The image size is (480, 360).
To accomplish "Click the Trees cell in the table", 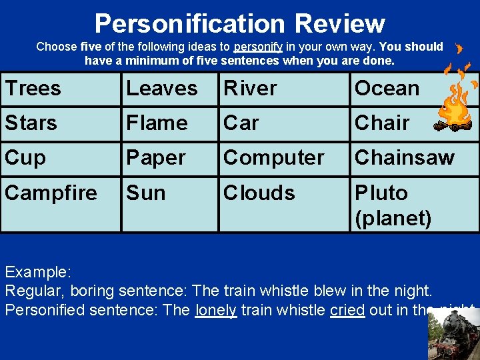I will coord(60,89).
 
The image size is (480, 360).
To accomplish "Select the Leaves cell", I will coord(169,89).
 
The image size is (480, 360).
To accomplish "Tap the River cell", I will coord(284,89).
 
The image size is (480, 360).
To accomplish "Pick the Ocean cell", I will coord(387,89).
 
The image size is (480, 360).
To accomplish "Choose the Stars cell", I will coord(60,123).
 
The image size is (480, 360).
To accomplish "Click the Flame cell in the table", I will coord(169,123).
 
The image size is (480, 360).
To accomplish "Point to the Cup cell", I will coord(60,158).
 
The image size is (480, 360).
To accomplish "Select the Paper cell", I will coord(169,158).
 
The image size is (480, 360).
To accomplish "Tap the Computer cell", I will coord(284,158).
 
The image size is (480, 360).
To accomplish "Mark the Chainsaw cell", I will coord(413,158).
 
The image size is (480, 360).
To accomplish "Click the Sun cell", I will coord(169,203).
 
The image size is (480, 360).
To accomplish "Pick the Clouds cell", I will coord(284,203).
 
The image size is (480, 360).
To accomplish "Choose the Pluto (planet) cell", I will coord(413,205).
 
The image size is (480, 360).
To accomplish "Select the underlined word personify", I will coord(258,47).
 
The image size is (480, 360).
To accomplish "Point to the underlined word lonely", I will coord(216,310).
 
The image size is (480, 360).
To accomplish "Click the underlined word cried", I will coord(347,310).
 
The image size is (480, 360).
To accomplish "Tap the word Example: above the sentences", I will coord(38,272).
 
